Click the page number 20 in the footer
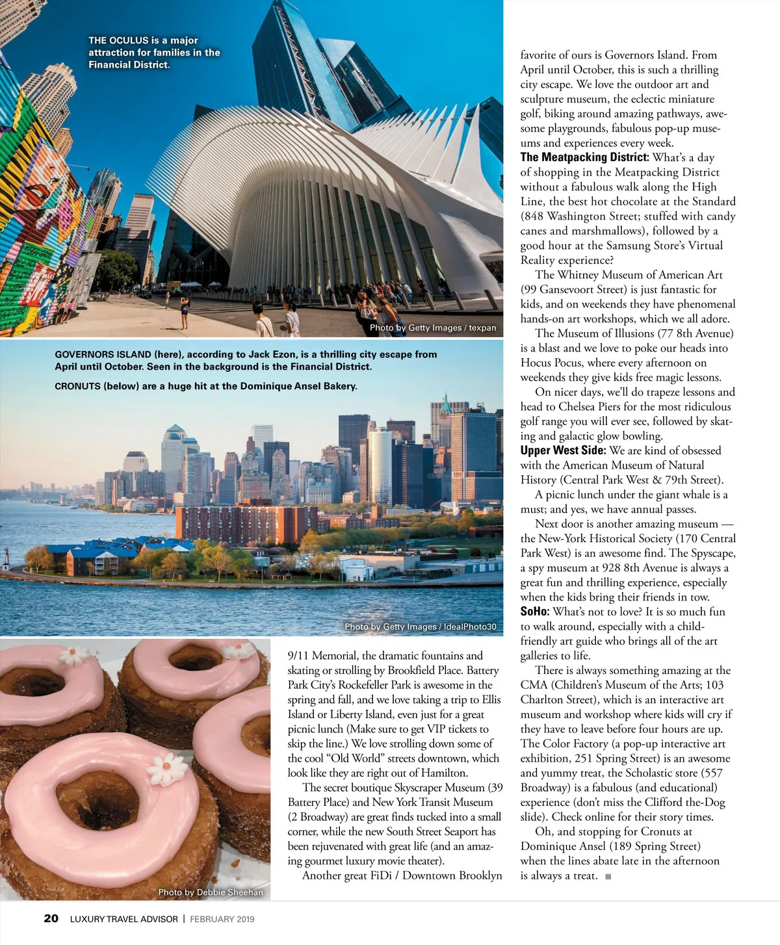(x=51, y=918)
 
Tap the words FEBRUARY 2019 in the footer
(x=222, y=919)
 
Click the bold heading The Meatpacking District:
(x=584, y=157)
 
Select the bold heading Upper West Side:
(x=563, y=450)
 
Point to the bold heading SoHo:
(x=535, y=612)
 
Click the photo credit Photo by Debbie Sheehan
(x=211, y=892)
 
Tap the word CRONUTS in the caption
(x=77, y=386)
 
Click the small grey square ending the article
(x=608, y=876)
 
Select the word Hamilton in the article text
(x=443, y=773)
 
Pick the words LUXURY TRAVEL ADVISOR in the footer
(x=123, y=919)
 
